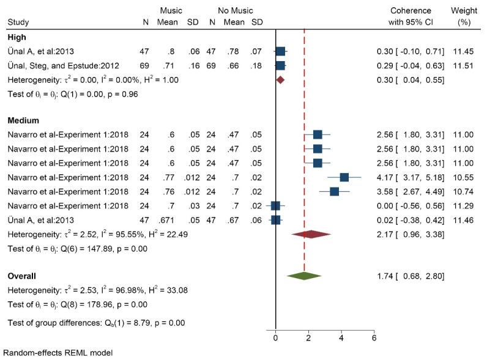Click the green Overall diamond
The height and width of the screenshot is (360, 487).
click(304, 276)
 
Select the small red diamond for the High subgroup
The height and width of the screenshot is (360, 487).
click(280, 79)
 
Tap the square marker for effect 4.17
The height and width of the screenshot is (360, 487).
click(344, 177)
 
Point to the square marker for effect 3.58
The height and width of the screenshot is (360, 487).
click(334, 191)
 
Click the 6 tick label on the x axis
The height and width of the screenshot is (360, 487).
click(374, 337)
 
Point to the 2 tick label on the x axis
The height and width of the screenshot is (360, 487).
click(308, 337)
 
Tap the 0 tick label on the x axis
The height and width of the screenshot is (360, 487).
click(276, 337)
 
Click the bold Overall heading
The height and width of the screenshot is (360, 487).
click(21, 276)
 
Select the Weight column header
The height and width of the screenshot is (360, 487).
click(464, 11)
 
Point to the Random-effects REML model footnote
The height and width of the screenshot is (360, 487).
click(58, 353)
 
